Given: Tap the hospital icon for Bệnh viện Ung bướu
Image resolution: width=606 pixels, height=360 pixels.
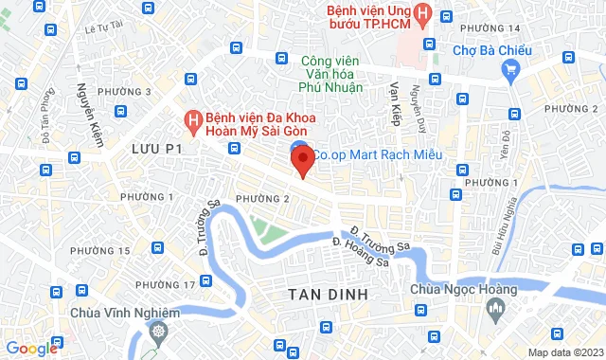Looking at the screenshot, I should (423, 15).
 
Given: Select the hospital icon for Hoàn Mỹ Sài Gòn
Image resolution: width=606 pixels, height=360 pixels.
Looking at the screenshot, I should (192, 120).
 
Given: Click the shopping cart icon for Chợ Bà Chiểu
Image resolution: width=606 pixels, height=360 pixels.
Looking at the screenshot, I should (510, 68).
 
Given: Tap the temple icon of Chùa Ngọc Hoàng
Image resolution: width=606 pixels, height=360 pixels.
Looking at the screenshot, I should (496, 309).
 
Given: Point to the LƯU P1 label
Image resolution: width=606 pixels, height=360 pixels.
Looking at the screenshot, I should (156, 149).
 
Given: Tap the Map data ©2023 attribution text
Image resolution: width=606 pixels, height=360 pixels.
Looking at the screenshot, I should (564, 352).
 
